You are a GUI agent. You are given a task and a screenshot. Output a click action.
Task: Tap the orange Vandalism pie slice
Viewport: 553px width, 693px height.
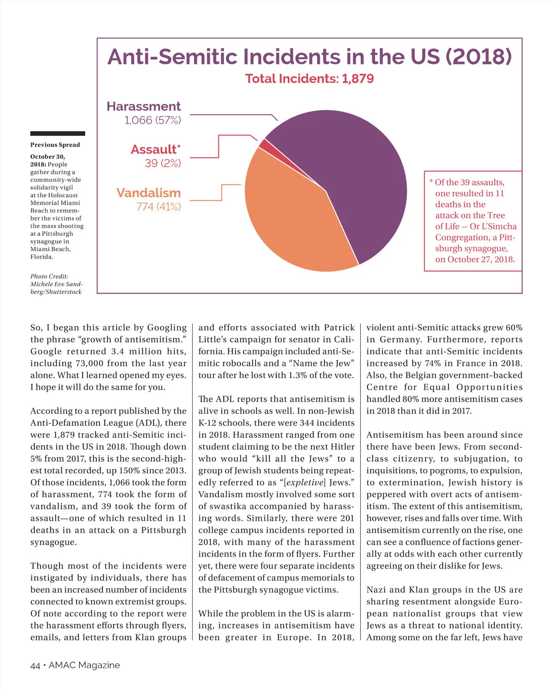point(290,221)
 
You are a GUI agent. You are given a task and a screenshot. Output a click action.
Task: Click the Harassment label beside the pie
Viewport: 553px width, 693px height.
point(144,106)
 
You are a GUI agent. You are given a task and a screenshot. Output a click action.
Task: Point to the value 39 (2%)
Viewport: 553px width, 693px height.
point(163,163)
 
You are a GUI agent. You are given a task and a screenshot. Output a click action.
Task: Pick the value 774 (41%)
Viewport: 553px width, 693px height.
point(158,206)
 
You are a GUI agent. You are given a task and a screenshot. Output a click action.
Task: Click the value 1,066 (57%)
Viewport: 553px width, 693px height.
point(153,120)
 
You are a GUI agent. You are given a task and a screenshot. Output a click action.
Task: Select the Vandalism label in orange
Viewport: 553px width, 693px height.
point(148,193)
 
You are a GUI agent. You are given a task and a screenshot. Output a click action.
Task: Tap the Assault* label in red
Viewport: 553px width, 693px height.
point(156,149)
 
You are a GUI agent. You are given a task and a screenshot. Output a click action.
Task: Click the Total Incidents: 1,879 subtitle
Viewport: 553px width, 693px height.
point(309,79)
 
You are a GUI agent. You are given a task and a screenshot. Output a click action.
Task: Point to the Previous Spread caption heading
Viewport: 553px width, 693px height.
point(55,145)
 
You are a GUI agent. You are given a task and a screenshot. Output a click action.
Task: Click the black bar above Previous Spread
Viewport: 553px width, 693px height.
point(58,134)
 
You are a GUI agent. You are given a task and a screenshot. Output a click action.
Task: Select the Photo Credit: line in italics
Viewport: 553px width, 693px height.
point(49,276)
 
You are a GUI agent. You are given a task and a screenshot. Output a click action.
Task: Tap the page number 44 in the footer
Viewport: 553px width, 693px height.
point(35,665)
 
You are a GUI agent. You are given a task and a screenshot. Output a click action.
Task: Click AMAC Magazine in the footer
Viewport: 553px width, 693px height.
point(84,665)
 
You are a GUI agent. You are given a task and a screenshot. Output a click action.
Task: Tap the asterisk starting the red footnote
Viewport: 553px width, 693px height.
point(431,181)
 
